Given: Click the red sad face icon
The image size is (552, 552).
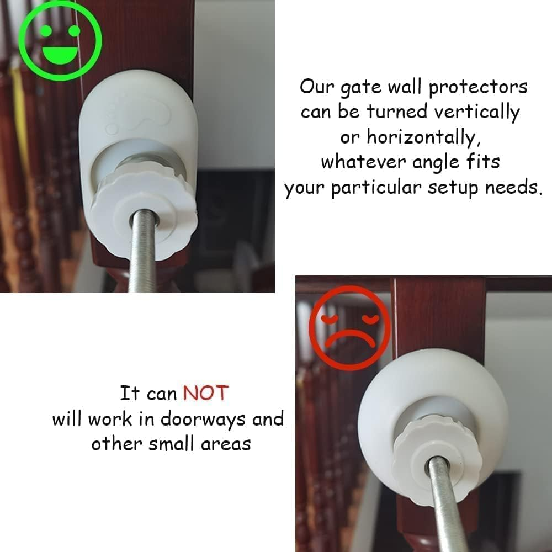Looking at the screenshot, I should click(x=350, y=330).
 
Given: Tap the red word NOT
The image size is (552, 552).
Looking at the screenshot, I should click(x=205, y=394).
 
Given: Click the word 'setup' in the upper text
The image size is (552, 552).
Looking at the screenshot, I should click(x=453, y=188).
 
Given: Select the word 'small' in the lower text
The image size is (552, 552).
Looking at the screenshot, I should click(x=176, y=444).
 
